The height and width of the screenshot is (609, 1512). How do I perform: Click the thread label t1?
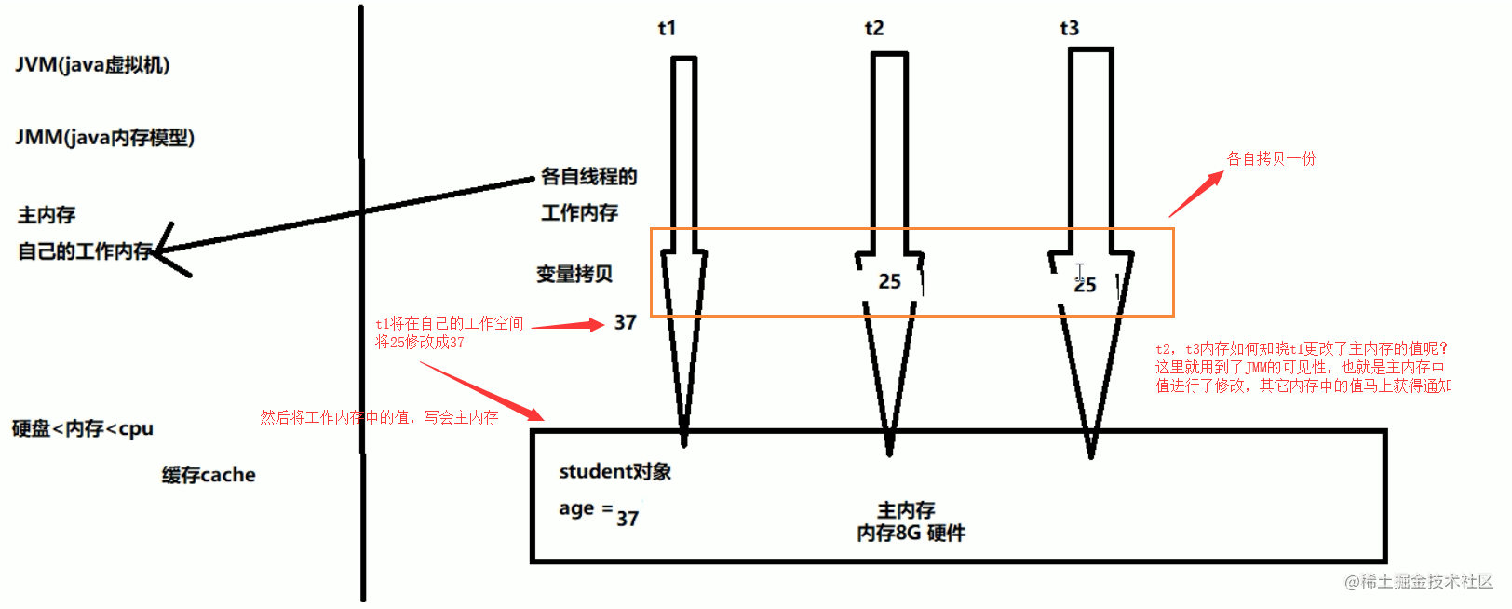click(x=667, y=28)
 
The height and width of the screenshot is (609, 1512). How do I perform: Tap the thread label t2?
click(x=874, y=28)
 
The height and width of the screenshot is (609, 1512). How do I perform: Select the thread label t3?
click(x=1069, y=28)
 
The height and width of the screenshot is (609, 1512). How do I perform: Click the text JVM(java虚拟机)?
click(x=92, y=65)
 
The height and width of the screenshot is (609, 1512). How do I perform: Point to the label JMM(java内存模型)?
click(x=104, y=138)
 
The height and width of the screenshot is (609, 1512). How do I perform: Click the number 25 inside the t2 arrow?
click(x=890, y=281)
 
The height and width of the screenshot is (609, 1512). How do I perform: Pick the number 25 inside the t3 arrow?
click(x=1085, y=285)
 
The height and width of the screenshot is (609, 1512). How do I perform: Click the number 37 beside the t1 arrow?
click(x=625, y=323)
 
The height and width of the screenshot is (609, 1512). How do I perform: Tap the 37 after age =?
click(x=628, y=519)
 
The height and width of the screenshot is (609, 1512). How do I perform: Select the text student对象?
click(x=614, y=471)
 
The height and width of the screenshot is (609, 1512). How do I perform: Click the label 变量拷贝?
click(x=574, y=274)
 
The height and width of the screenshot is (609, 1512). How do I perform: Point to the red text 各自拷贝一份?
click(x=1271, y=158)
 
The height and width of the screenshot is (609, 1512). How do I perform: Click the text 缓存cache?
click(x=209, y=475)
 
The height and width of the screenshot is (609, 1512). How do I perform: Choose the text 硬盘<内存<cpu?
click(x=82, y=428)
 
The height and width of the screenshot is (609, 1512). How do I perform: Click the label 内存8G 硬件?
click(x=911, y=534)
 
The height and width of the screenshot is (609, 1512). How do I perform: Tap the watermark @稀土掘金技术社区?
click(x=1419, y=581)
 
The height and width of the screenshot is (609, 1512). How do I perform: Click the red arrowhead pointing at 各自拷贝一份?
click(x=1214, y=179)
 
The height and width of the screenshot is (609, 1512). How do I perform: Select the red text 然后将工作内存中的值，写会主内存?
click(x=379, y=417)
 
